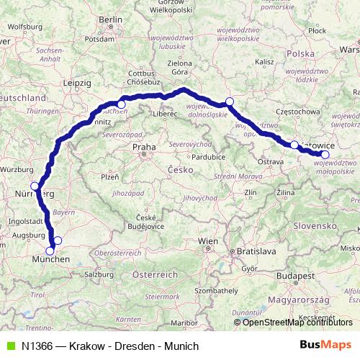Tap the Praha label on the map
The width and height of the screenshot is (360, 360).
(x=143, y=148)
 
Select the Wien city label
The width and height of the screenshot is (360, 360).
(x=208, y=240)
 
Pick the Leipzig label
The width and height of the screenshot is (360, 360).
(x=77, y=83)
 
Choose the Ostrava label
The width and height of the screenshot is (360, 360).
(x=271, y=163)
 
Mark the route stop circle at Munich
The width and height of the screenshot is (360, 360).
(x=50, y=251)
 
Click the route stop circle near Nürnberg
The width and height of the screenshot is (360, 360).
(x=35, y=186)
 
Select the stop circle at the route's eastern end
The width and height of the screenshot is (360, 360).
(x=325, y=154)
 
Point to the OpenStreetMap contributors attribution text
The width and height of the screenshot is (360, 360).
(x=297, y=323)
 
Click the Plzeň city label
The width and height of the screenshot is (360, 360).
(x=109, y=176)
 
